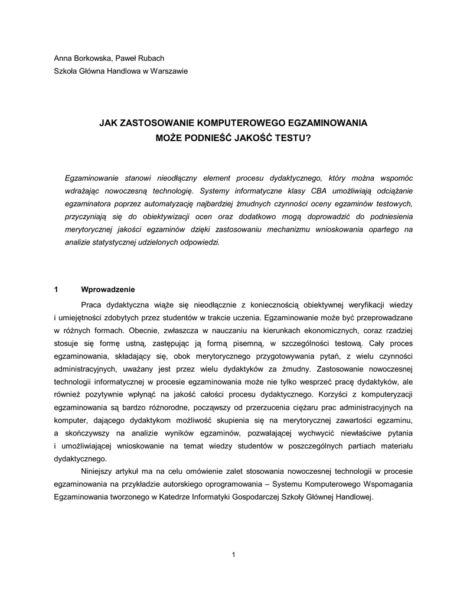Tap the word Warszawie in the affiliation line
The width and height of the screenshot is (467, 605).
[x=169, y=71]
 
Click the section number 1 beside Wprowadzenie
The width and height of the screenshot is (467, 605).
[x=55, y=290]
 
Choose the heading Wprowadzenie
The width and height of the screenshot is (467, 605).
[x=108, y=290]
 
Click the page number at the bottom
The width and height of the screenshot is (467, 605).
[x=234, y=554]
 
